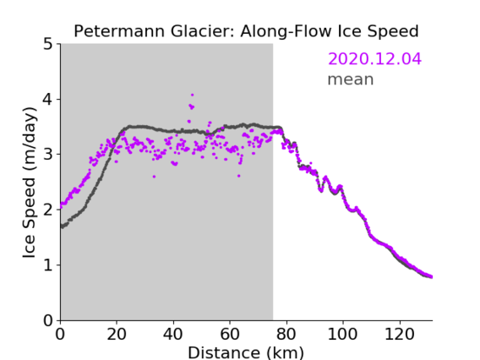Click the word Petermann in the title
point(120,31)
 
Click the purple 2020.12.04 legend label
point(374,58)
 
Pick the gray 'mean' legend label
point(351,79)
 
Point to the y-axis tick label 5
point(48,44)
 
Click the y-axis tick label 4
point(48,99)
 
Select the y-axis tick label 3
point(48,155)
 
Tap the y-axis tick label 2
point(48,210)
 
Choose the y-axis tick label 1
point(48,265)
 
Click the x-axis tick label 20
point(117,334)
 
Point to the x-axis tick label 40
point(173,334)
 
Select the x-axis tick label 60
point(230,334)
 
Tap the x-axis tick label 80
point(286,334)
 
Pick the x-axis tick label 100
point(342,334)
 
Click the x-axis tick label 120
point(399,334)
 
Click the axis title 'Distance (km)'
point(246,352)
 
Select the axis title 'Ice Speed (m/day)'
point(30,183)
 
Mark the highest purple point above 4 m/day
point(192,95)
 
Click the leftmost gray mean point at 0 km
point(61,226)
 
